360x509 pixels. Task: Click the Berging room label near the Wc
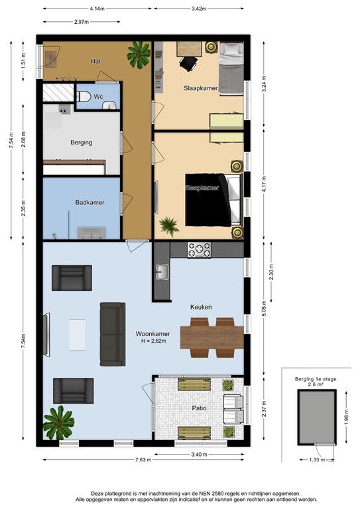click(x=81, y=142)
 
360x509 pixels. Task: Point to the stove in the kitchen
click(x=198, y=250)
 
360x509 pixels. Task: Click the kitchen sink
click(x=162, y=270)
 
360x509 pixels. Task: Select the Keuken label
click(x=201, y=308)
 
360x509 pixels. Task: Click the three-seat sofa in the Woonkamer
click(x=112, y=334)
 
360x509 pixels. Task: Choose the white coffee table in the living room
click(x=77, y=335)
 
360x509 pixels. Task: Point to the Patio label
click(x=200, y=408)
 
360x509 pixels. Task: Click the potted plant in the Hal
click(x=139, y=54)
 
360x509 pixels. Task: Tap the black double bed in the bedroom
click(x=207, y=199)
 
